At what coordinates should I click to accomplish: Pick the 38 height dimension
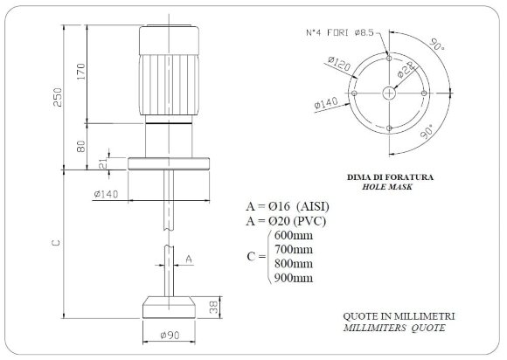point(212,308)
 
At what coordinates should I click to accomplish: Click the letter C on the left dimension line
point(55,248)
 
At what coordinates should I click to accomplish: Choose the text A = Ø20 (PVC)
point(290,221)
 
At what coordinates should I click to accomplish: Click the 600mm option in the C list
point(293,236)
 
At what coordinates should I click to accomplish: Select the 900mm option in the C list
point(293,278)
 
